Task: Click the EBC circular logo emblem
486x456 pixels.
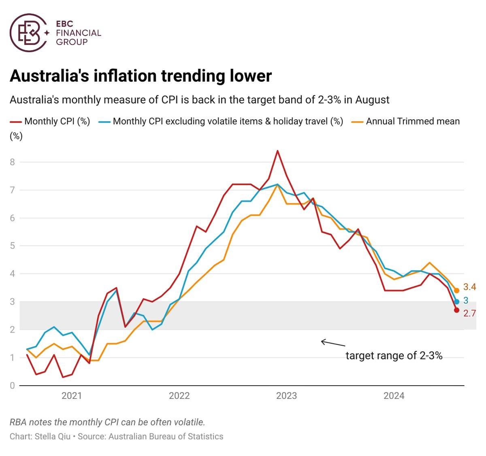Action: click(29, 33)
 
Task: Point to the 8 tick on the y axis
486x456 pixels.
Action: click(12, 162)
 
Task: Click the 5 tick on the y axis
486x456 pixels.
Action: click(12, 246)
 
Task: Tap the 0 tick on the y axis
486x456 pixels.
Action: click(12, 386)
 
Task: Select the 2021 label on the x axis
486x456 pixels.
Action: click(72, 396)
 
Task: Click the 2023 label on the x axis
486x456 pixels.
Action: click(286, 396)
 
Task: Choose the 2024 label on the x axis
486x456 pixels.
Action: click(394, 396)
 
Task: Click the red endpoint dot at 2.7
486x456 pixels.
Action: click(457, 310)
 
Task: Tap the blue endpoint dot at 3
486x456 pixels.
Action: click(457, 301)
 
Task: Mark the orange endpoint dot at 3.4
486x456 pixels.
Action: click(457, 291)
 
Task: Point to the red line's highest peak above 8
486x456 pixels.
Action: click(277, 151)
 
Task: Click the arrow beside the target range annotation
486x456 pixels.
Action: click(333, 344)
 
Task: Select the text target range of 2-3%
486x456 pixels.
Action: click(394, 356)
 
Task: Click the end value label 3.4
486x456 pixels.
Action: click(470, 287)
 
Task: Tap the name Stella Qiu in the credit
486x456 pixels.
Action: click(52, 437)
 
